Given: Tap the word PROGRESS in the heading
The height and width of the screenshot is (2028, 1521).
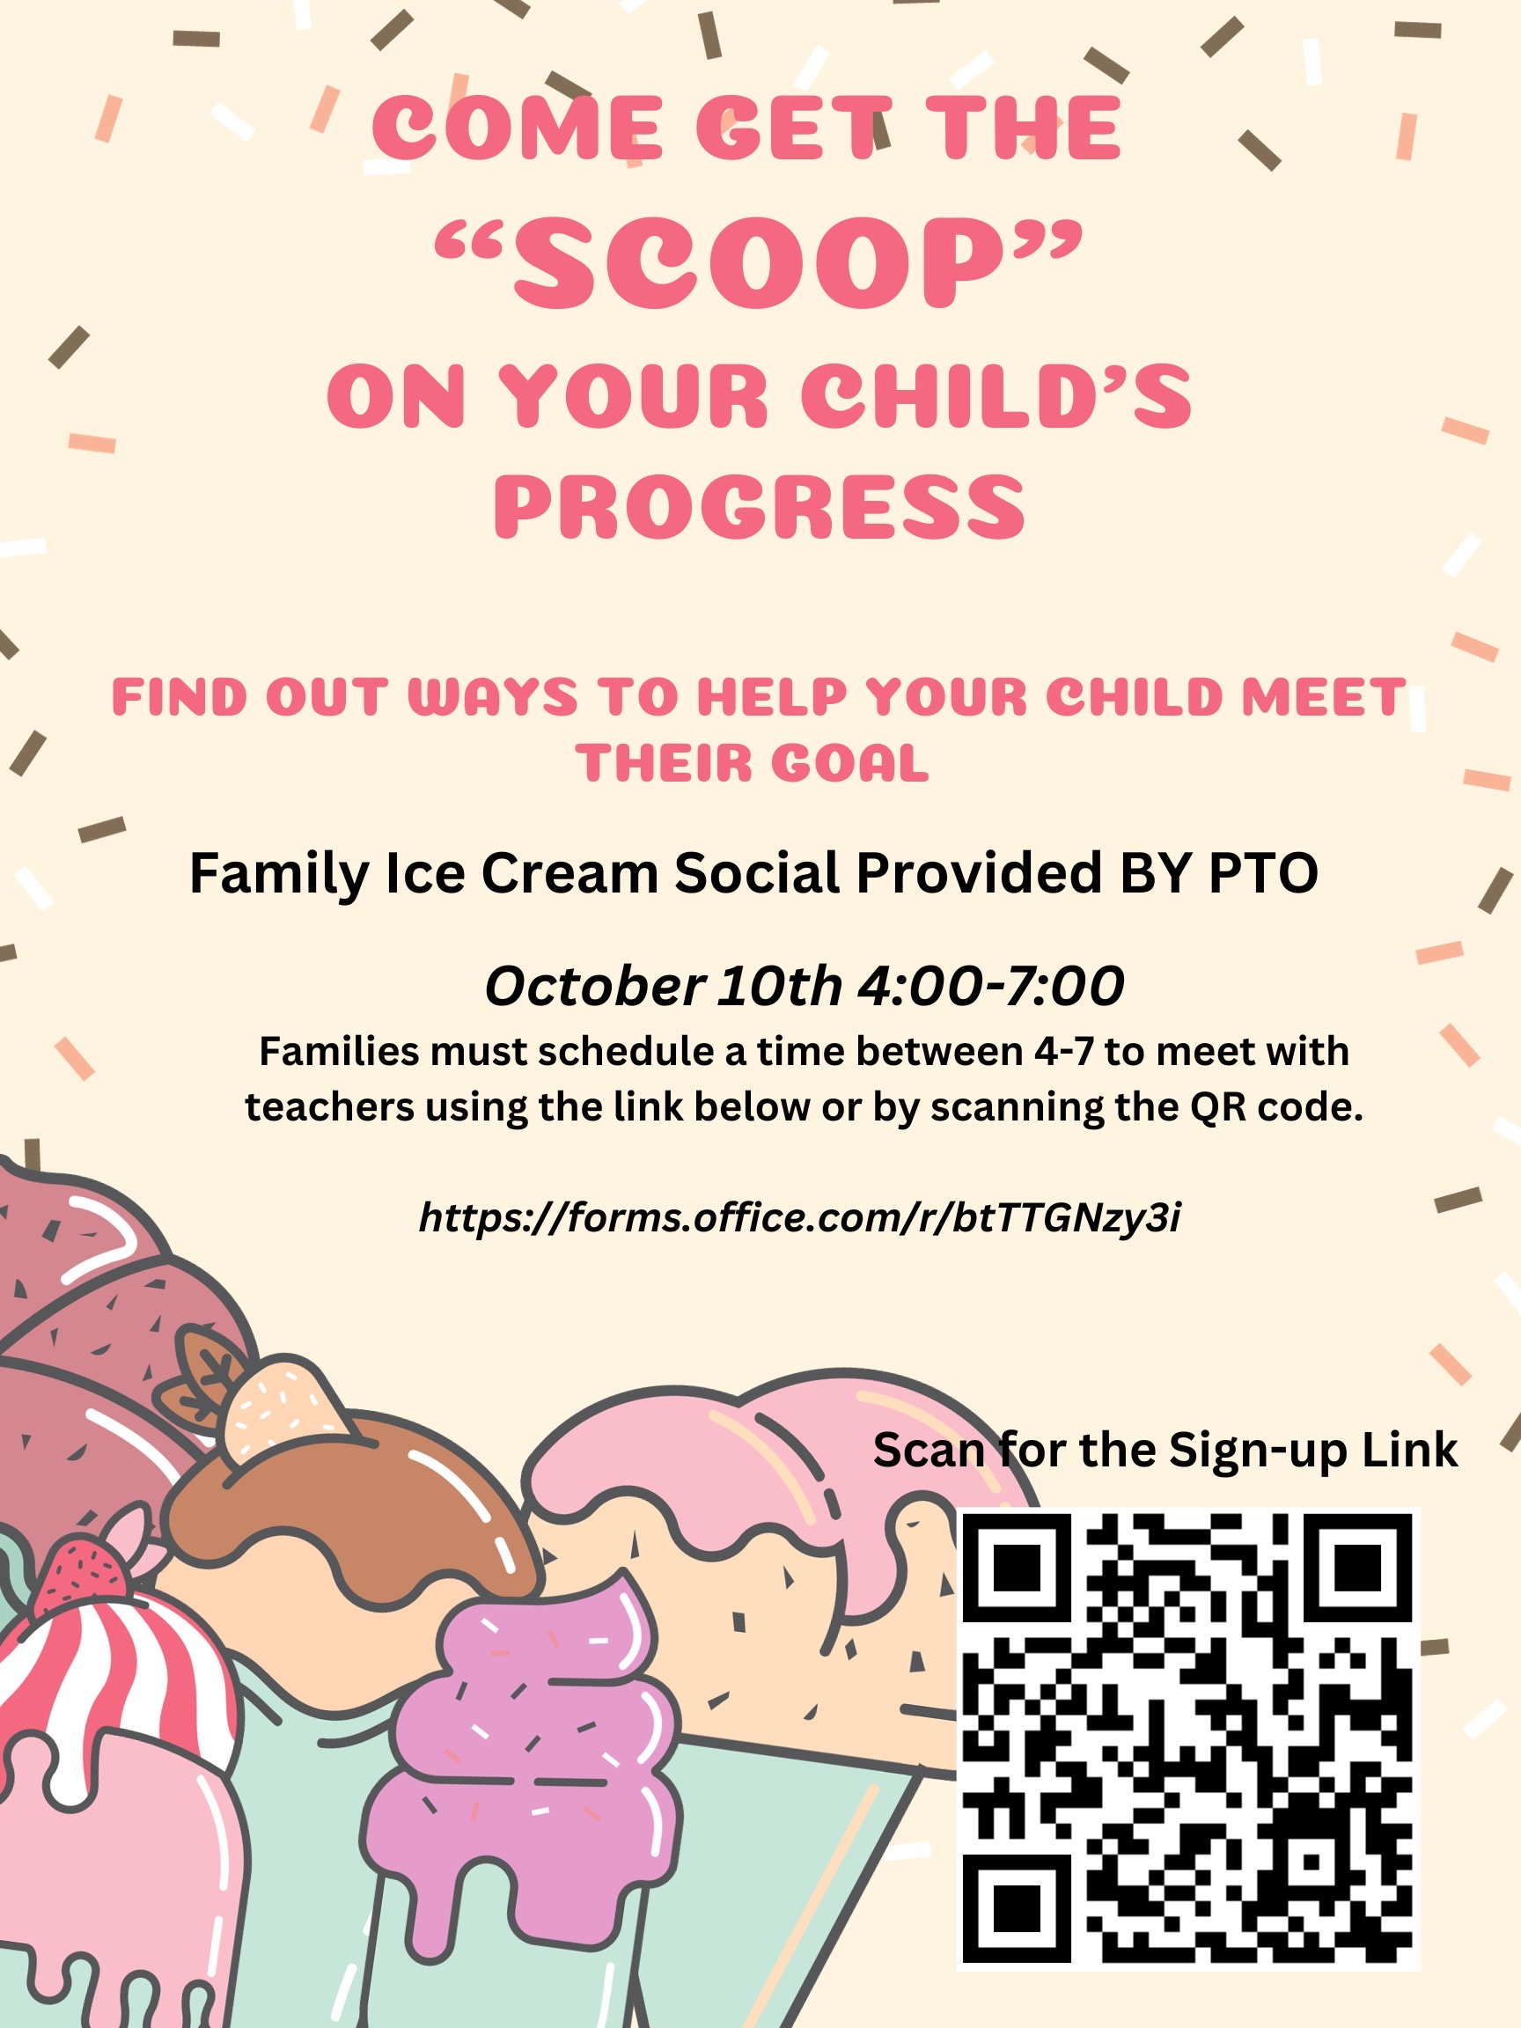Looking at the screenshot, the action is (x=760, y=507).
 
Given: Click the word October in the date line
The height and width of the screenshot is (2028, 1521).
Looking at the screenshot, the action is (x=594, y=987).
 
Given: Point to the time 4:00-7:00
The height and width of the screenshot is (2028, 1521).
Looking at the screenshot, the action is (x=991, y=987).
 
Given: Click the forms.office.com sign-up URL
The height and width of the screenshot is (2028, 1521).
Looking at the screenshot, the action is (x=799, y=1218).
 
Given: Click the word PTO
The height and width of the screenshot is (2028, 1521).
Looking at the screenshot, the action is (x=1263, y=873).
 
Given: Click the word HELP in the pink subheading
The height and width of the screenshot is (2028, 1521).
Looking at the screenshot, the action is (x=772, y=697).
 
